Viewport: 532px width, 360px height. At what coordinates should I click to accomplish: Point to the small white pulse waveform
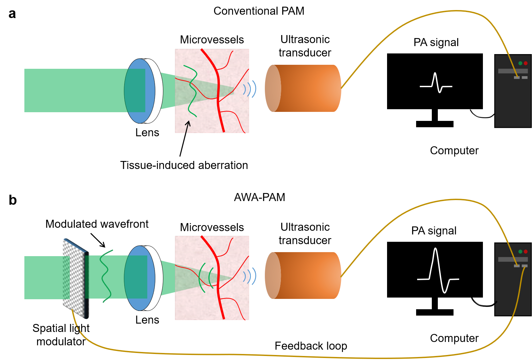(436, 83)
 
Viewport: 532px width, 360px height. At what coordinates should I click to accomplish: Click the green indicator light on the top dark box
(520, 63)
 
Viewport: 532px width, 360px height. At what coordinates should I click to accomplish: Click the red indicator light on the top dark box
(526, 63)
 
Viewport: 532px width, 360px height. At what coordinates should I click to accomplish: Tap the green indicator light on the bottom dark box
(520, 251)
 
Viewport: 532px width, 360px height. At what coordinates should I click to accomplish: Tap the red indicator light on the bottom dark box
(526, 251)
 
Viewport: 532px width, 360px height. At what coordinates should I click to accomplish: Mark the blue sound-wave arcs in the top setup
(250, 89)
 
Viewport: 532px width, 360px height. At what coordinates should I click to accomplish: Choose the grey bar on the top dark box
(513, 71)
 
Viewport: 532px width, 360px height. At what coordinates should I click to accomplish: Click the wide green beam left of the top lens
(73, 91)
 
